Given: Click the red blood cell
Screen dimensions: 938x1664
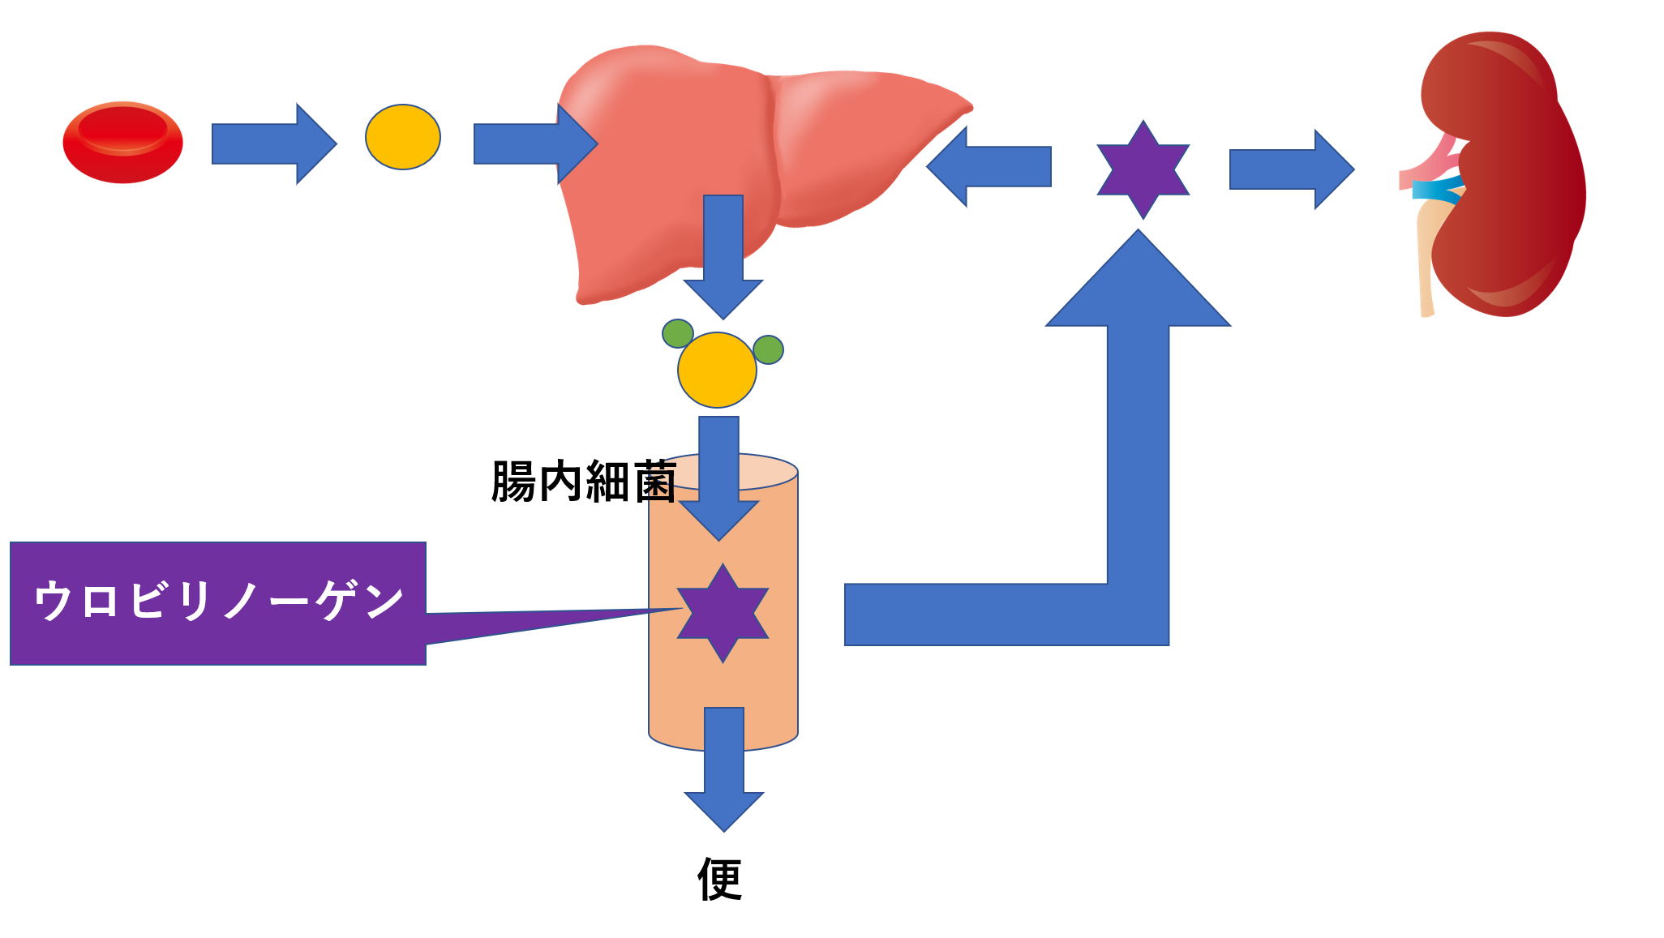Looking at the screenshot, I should (x=122, y=143).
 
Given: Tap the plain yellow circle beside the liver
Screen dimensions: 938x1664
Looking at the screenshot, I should (x=403, y=137).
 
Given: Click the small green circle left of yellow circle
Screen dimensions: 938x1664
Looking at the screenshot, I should (x=677, y=333).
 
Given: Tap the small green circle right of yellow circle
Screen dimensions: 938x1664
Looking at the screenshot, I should (x=768, y=349).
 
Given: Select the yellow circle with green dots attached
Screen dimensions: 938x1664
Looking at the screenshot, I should (x=717, y=370).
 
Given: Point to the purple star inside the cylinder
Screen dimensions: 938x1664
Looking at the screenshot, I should (x=723, y=613).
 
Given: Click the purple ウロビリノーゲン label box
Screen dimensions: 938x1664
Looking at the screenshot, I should (x=217, y=603).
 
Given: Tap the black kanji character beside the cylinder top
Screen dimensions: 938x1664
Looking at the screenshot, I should (x=662, y=483).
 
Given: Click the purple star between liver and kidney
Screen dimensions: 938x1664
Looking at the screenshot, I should (x=1143, y=169).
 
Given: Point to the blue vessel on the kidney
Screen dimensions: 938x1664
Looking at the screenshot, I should (x=1436, y=191).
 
